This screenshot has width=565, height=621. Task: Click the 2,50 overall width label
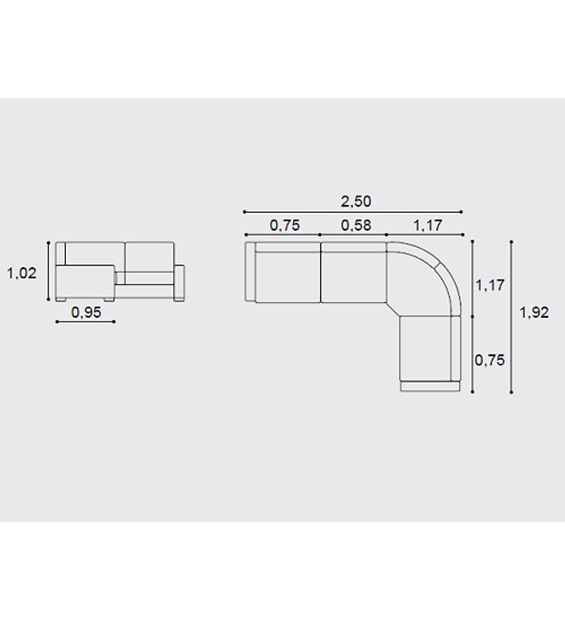(x=356, y=202)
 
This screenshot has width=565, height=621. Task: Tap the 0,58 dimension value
(x=356, y=225)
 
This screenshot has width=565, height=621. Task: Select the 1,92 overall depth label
(x=534, y=313)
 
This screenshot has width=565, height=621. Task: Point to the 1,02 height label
(x=22, y=273)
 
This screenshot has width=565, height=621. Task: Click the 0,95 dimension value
(x=86, y=312)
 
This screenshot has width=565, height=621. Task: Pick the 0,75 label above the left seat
(x=284, y=225)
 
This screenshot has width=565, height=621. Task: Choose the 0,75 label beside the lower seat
(x=490, y=360)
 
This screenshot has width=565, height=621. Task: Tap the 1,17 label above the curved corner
(x=427, y=225)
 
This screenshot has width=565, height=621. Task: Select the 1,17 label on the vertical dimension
(x=490, y=285)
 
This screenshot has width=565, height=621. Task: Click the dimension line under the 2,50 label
(x=353, y=212)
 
